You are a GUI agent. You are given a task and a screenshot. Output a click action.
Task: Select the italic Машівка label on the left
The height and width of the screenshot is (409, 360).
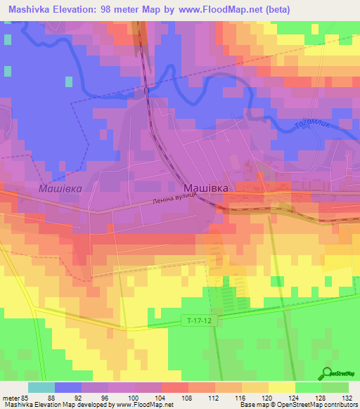click(60, 189)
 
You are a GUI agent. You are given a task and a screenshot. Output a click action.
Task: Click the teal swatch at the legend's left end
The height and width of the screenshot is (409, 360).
click(41, 387)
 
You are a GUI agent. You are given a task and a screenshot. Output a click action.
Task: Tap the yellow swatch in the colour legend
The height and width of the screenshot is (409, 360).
click(281, 387)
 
